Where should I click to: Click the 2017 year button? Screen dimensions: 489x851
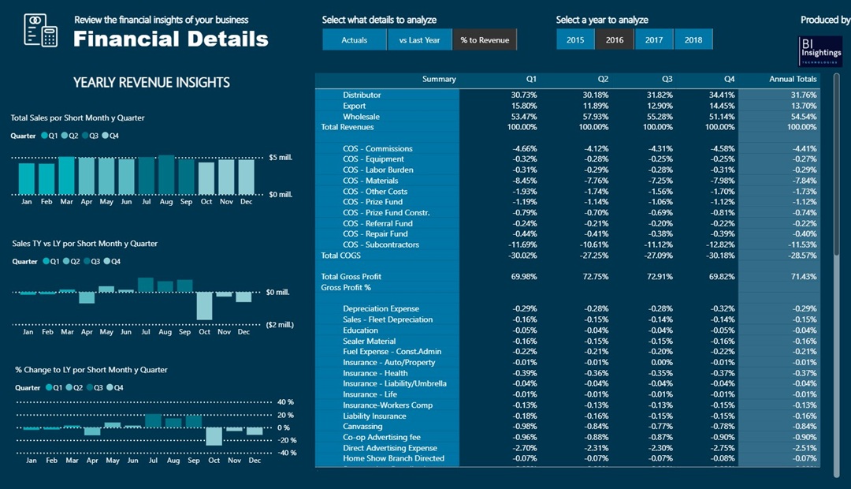coord(654,40)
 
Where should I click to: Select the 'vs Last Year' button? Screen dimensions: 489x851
coord(419,40)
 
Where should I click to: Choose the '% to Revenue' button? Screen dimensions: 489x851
coord(485,40)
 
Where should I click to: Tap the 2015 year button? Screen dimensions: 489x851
coord(575,40)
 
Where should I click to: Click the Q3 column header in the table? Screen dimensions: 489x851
coord(667,79)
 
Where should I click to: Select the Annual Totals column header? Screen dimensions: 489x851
coord(793,79)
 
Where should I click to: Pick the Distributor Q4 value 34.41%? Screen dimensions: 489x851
coord(722,95)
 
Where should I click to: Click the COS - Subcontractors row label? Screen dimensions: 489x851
coord(381,244)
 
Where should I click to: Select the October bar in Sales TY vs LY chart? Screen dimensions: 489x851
coord(205,305)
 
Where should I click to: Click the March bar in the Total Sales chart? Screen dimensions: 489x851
coord(67,175)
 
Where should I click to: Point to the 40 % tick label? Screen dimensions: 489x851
coord(285,402)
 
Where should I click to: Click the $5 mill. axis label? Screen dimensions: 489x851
coord(280,158)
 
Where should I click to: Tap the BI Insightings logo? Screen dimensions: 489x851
coord(820,50)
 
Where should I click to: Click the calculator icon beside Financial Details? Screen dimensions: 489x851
coord(41,30)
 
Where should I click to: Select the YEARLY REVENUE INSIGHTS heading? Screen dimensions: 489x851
coord(151,83)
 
